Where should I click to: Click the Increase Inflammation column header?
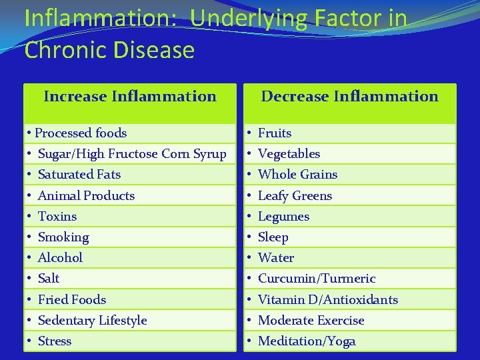(x=130, y=97)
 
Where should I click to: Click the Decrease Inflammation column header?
(x=349, y=97)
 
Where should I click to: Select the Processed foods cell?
(x=81, y=133)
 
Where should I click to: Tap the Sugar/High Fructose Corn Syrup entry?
(x=132, y=154)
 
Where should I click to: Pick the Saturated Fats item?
(x=79, y=175)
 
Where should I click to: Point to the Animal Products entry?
(x=86, y=196)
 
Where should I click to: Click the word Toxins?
(x=57, y=217)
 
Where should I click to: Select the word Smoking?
(x=63, y=237)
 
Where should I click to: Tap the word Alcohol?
(x=60, y=258)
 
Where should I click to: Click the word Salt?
(x=49, y=279)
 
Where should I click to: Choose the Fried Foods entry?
(x=72, y=300)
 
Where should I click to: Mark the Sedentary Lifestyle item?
(x=92, y=321)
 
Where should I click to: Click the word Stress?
(x=55, y=341)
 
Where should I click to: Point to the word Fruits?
(x=275, y=133)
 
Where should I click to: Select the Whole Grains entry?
(x=297, y=175)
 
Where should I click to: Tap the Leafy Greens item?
(x=295, y=196)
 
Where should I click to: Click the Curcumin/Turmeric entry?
(x=317, y=279)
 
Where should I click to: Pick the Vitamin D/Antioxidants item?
(x=327, y=300)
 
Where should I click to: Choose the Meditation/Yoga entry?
(x=307, y=341)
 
